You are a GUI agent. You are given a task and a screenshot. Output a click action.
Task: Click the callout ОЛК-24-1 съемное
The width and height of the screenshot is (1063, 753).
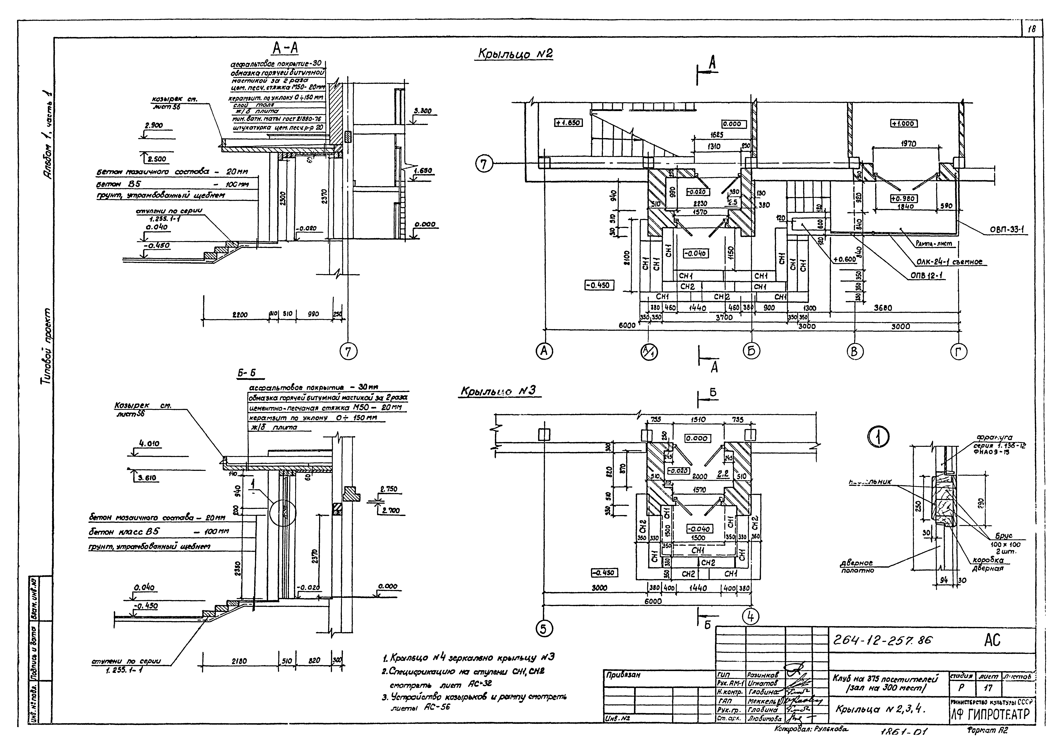point(949,262)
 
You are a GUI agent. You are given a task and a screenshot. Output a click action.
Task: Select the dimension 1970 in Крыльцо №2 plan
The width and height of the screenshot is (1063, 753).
point(908,144)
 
